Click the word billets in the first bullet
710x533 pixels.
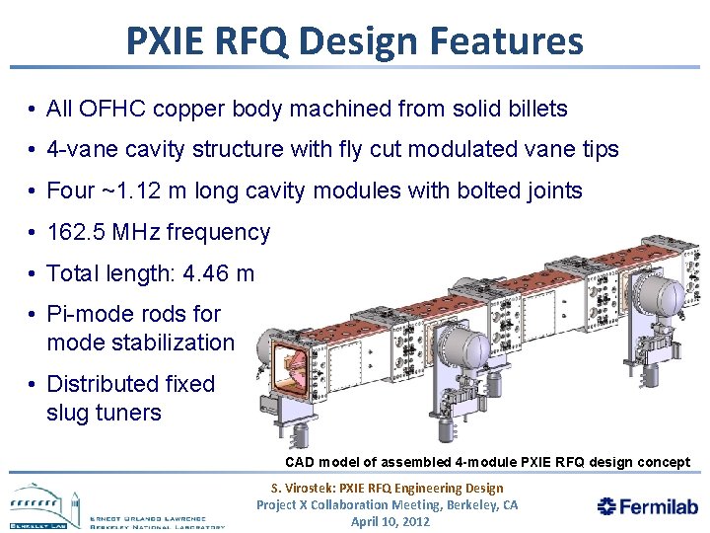pyautogui.click(x=535, y=109)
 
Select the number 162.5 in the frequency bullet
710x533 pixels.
pyautogui.click(x=79, y=233)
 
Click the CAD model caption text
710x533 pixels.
pyautogui.click(x=487, y=462)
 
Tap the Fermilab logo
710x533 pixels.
pyautogui.click(x=648, y=506)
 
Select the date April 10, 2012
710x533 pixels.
pyautogui.click(x=390, y=521)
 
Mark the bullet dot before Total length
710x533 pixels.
pyautogui.click(x=34, y=274)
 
